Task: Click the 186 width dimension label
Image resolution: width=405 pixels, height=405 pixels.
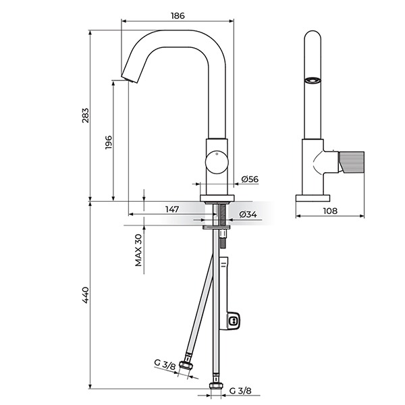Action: pos(178,16)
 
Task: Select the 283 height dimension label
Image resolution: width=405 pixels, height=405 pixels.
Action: pos(86,115)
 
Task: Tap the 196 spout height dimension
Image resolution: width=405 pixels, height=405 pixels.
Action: pos(109,142)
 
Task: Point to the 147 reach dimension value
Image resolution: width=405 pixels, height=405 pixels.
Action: pos(172,209)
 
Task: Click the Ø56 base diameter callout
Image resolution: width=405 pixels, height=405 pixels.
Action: pos(250,179)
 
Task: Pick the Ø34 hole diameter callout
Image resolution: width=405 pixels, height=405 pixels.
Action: pos(248,214)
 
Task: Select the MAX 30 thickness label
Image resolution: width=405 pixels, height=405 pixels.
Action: pos(138,250)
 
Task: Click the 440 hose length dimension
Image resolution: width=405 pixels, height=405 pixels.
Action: pos(86,295)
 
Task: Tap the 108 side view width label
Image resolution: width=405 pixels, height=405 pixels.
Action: pos(330,211)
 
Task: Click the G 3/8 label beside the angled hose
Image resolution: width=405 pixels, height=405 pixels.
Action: pos(165,364)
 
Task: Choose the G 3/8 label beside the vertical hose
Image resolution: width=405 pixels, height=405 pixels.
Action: pos(240,391)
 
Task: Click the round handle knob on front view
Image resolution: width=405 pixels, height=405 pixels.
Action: pos(217,162)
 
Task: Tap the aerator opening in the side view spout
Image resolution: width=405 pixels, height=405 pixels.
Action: pos(313,80)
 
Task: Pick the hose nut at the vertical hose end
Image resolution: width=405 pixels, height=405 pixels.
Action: pos(216,385)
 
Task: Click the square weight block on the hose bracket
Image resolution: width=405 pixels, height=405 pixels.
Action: pos(234,321)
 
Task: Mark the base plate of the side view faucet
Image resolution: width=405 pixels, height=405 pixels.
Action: pos(313,198)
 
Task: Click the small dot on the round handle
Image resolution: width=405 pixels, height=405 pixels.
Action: pos(217,154)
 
